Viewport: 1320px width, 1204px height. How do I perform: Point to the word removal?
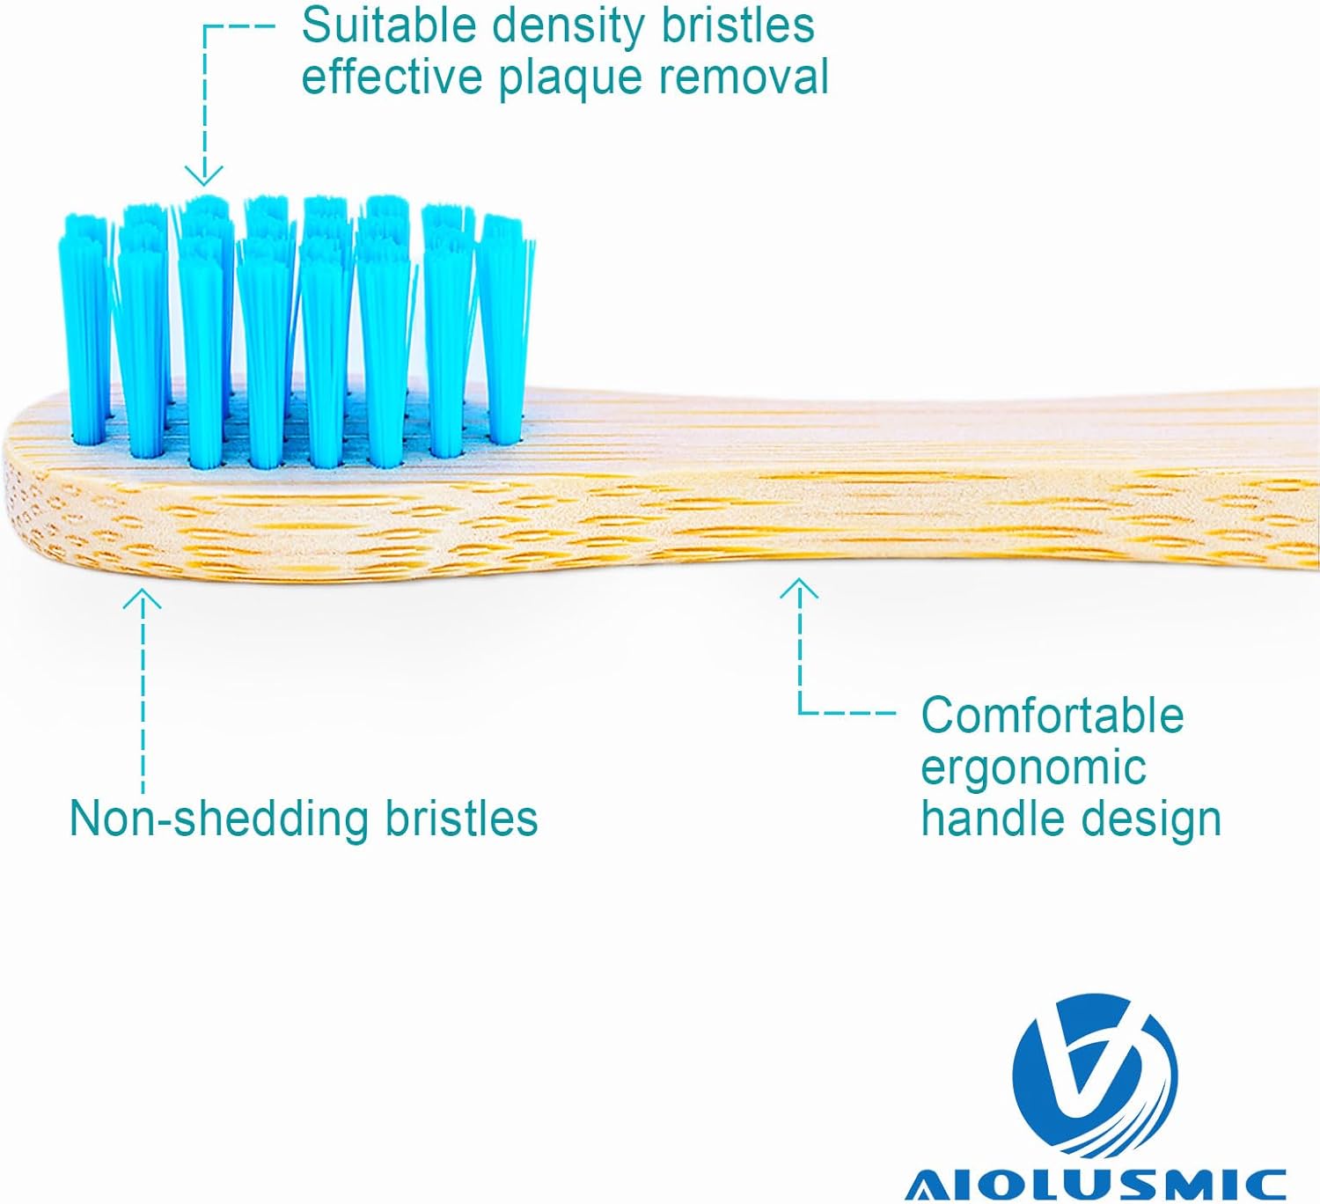(x=744, y=77)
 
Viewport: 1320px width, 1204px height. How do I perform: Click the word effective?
(x=392, y=77)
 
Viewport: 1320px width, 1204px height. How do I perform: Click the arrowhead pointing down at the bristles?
(x=204, y=176)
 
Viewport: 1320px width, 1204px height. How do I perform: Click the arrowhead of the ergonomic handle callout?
(x=799, y=588)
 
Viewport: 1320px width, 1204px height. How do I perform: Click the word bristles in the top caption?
(x=738, y=26)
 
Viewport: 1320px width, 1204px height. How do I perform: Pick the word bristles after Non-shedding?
(x=461, y=819)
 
